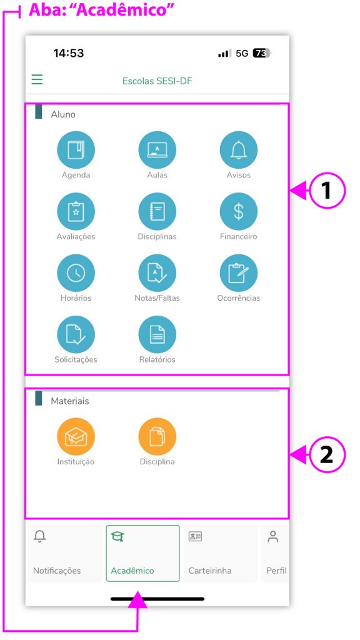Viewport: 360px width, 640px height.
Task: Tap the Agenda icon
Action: pos(76,150)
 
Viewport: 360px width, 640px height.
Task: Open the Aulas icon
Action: pos(157,150)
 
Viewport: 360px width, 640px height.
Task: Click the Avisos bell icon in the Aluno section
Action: pos(239,150)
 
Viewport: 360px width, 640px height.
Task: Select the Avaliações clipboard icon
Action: pos(76,211)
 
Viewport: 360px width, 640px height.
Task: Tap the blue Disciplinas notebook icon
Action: pos(157,211)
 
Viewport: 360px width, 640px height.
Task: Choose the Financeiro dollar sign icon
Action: pos(239,211)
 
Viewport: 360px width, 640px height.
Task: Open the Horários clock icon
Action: pos(76,273)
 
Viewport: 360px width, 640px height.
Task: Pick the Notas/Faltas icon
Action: pos(157,273)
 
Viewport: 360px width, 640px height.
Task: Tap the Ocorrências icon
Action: pos(239,273)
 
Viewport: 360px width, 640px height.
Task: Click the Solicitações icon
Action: pos(76,335)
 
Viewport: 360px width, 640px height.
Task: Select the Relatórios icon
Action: pos(157,335)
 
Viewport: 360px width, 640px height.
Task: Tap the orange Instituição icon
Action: pos(76,437)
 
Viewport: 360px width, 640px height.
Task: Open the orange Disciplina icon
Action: pos(157,437)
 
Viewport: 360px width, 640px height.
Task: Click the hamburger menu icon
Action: pos(37,79)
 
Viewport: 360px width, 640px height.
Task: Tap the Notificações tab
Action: pos(65,553)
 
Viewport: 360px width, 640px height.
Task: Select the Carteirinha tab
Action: pos(221,553)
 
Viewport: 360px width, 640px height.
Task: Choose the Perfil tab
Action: pos(275,553)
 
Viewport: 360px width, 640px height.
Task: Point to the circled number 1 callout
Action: pos(327,191)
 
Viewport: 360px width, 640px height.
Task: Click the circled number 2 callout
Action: pos(327,455)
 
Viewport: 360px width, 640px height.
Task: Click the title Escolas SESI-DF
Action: pos(157,81)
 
